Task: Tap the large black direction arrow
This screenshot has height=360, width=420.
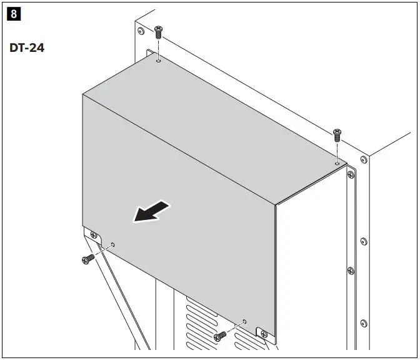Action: pos(151,211)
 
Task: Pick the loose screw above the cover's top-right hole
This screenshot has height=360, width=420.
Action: pos(337,133)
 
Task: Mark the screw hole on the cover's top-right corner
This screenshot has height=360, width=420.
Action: pos(337,163)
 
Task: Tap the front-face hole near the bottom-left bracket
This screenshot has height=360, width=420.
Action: pos(112,244)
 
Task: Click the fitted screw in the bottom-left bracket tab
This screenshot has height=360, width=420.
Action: pos(94,236)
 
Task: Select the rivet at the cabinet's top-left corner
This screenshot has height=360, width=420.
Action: pos(141,31)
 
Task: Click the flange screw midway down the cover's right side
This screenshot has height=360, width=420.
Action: pos(351,270)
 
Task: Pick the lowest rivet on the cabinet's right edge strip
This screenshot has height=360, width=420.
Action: pos(363,323)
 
